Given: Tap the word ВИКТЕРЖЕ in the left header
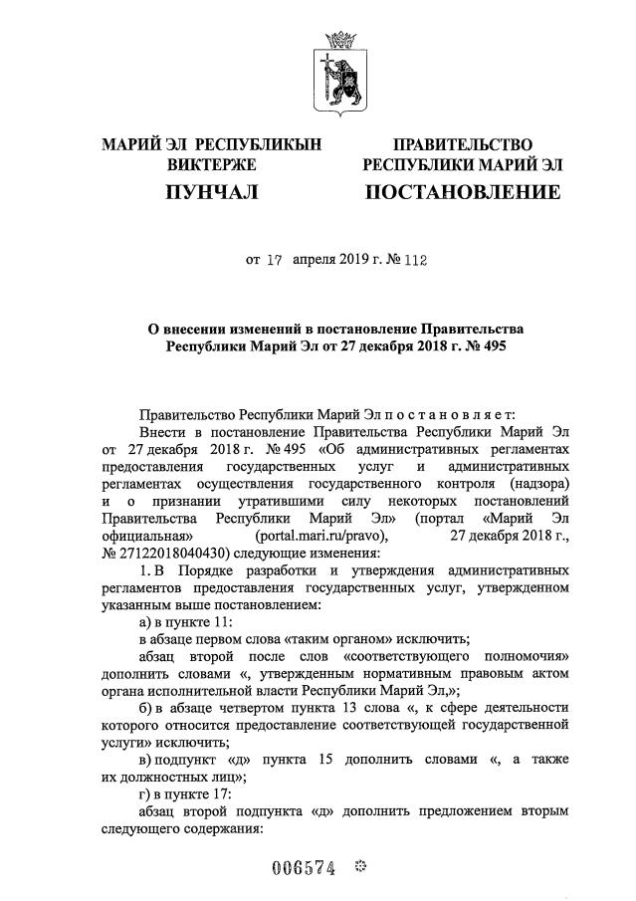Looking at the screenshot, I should [211, 164].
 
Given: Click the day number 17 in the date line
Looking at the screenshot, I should [276, 261].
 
